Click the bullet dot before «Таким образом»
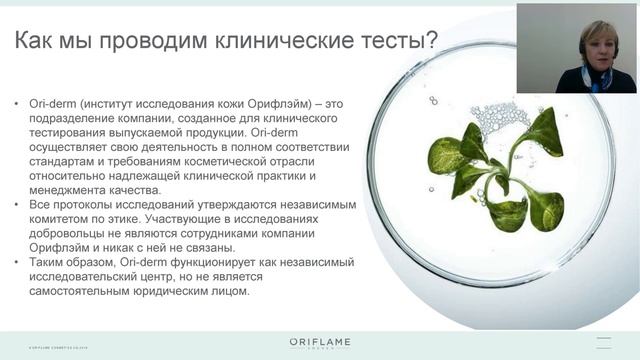19,262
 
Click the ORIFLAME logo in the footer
319,344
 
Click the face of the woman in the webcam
598,46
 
